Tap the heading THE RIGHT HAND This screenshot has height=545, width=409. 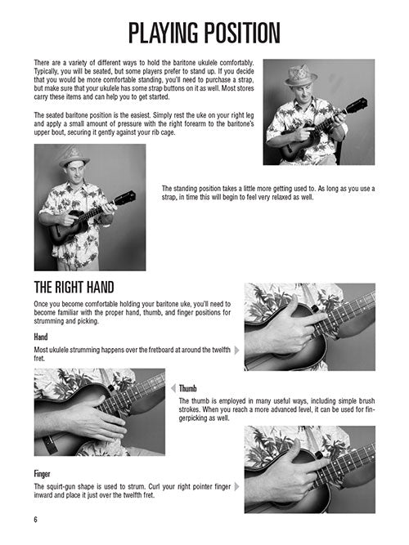[x=74, y=288]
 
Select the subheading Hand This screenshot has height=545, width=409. [x=41, y=337]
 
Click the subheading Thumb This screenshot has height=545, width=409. [x=187, y=388]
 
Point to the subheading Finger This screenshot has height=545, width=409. [x=42, y=474]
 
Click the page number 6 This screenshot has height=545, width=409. [x=35, y=520]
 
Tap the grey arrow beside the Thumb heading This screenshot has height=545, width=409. [x=173, y=388]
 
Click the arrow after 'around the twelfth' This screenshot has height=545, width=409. [x=237, y=350]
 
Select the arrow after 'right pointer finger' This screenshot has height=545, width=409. [x=237, y=486]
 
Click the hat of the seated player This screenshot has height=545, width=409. [x=300, y=75]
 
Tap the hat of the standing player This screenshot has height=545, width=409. [x=74, y=157]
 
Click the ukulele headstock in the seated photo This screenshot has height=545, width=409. [x=357, y=105]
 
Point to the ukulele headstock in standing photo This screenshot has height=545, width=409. [x=125, y=198]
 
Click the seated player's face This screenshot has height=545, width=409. [x=302, y=93]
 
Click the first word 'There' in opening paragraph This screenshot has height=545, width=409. [x=42, y=63]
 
